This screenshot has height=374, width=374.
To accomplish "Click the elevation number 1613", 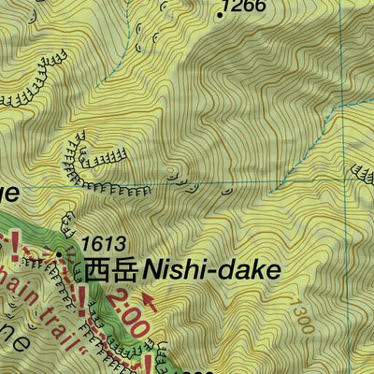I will pos(103,244).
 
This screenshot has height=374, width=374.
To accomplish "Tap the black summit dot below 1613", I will pos(60,253).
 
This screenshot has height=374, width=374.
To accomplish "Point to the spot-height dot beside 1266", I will pos(221,15).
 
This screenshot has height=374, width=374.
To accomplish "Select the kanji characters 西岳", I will pos(111,271).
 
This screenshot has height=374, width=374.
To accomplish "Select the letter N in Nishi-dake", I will pos(153,271).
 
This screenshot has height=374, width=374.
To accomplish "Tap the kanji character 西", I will pos(98,271).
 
